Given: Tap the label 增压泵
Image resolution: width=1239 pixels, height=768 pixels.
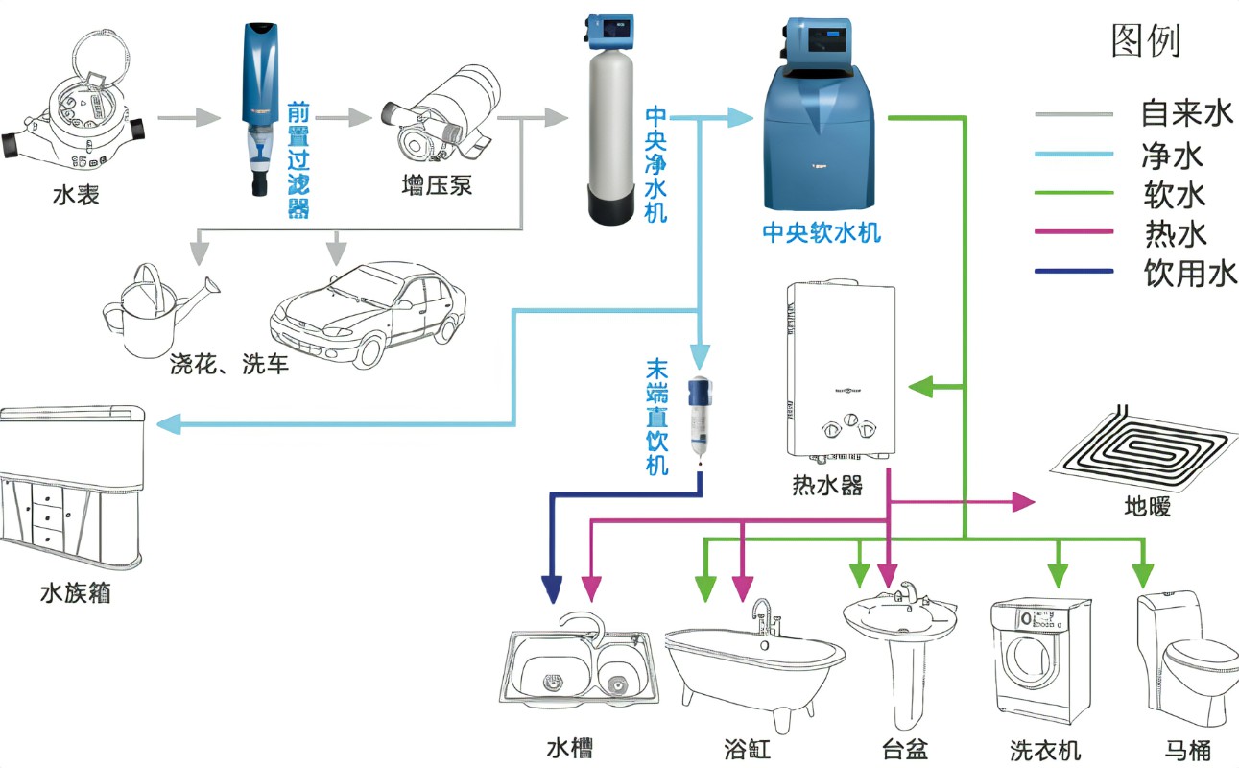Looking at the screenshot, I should (x=437, y=184).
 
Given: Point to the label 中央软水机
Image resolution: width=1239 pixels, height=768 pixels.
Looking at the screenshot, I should (x=821, y=232).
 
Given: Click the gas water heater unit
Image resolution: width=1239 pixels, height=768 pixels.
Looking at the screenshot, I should (x=834, y=370).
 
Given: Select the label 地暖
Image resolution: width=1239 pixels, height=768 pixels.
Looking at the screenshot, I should (x=1148, y=506).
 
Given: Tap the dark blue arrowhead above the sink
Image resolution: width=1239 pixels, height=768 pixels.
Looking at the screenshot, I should (x=552, y=588).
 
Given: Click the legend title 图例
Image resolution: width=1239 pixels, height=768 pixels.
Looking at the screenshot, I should (x=1145, y=40).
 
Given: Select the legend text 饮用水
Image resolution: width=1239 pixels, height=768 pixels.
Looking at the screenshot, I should (x=1189, y=274).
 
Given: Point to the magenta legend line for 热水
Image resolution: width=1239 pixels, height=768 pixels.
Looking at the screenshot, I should (x=1074, y=231).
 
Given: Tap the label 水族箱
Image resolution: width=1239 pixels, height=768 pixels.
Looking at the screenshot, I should (x=75, y=592).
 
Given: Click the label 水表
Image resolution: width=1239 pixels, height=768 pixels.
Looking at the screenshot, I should (x=76, y=197).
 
